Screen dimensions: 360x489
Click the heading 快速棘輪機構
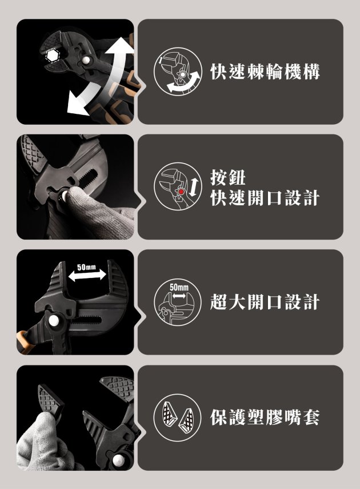265,71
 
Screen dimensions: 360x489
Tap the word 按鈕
228,177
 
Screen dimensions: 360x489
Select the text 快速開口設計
265,198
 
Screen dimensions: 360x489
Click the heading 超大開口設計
265,302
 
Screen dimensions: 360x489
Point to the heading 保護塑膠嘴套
265,418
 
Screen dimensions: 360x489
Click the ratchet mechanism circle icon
178,71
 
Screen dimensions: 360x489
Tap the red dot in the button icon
181,191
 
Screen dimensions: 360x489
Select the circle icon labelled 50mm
178,302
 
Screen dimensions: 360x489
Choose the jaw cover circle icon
178,418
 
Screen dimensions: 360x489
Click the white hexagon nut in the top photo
51,56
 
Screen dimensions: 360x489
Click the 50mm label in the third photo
87,268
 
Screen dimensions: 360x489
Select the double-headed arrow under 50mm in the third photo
87,275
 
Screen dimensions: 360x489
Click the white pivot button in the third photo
54,320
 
